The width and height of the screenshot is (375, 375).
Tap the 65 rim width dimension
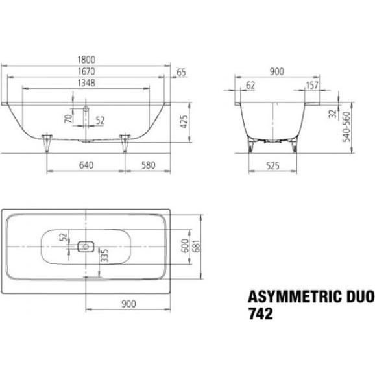click(x=181, y=71)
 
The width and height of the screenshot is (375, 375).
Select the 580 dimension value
click(x=149, y=165)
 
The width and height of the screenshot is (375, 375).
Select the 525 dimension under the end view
click(x=272, y=165)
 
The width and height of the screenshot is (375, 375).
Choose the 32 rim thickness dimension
click(x=331, y=114)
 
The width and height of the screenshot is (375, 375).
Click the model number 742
click(x=260, y=314)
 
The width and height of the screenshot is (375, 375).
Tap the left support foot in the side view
click(x=47, y=142)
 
